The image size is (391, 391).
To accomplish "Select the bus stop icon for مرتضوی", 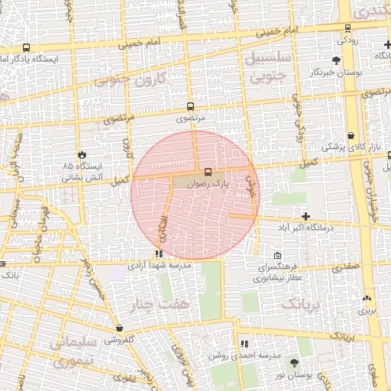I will click(x=190, y=108).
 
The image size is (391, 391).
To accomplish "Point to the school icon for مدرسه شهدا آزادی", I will click(x=159, y=254).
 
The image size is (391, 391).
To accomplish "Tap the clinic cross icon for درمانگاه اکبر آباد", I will click(x=306, y=217).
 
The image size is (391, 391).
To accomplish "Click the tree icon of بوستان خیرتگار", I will click(x=336, y=60).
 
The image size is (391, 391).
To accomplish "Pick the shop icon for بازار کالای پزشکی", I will click(x=351, y=135).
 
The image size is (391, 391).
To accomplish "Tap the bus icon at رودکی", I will click(x=347, y=27).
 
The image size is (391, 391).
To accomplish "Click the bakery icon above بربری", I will click(x=367, y=299).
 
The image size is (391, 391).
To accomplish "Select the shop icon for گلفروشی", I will click(x=120, y=328).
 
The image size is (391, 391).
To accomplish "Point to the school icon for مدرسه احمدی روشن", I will click(x=244, y=344).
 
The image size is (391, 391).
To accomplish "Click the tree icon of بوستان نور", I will click(x=295, y=363).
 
